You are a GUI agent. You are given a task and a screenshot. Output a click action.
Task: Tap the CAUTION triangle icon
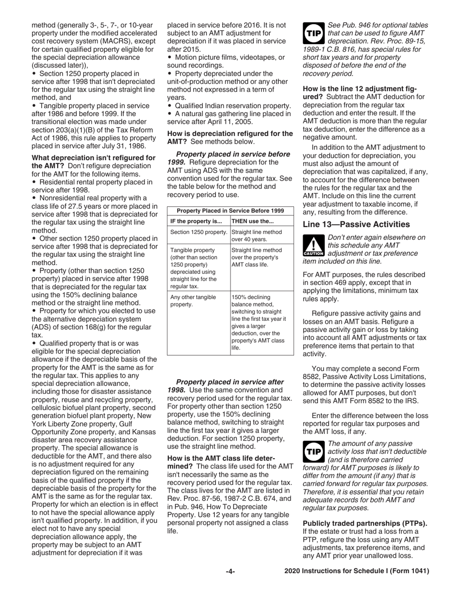point(313,246)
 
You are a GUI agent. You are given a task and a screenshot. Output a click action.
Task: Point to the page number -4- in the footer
point(230,571)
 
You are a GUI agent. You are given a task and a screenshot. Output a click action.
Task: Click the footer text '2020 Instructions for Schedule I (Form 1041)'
point(357,571)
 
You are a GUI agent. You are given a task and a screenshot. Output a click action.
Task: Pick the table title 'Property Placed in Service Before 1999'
point(230,210)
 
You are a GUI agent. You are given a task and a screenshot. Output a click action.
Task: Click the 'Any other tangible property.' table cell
point(193,301)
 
